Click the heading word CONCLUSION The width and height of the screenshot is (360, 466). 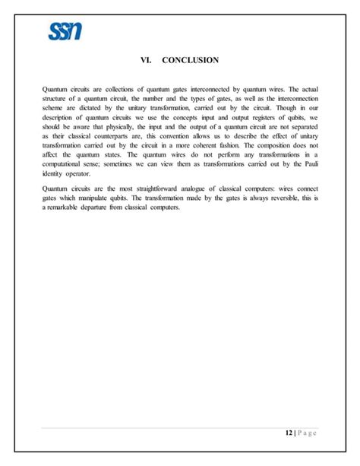point(191,60)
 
